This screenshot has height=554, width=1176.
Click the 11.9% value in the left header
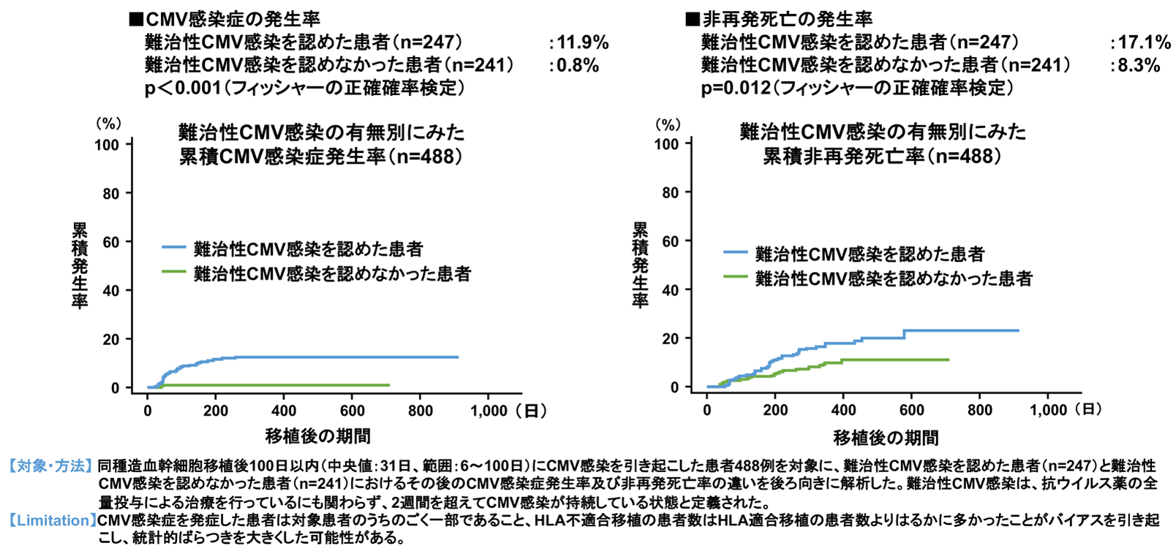coord(582,42)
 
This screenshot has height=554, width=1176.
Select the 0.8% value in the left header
coord(578,65)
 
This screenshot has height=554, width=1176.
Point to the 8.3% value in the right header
coord(1139,65)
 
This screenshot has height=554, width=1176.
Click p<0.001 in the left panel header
coord(183,88)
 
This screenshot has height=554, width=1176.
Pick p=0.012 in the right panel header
coord(736,88)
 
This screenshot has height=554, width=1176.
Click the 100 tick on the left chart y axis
coord(107,144)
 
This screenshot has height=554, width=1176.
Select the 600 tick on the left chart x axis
coord(352,411)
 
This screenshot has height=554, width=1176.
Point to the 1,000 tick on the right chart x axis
coord(1048,410)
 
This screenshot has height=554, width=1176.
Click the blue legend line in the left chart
coord(173,248)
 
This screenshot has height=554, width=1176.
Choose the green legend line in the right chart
coord(735,276)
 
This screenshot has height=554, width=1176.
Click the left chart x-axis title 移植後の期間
coord(317,436)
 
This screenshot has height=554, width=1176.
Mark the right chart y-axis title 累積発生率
coord(640,265)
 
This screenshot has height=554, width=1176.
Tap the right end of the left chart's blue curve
coord(458,357)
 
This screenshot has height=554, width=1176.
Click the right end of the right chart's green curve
coord(949,360)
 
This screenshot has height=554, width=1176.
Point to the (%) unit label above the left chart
coord(109,124)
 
